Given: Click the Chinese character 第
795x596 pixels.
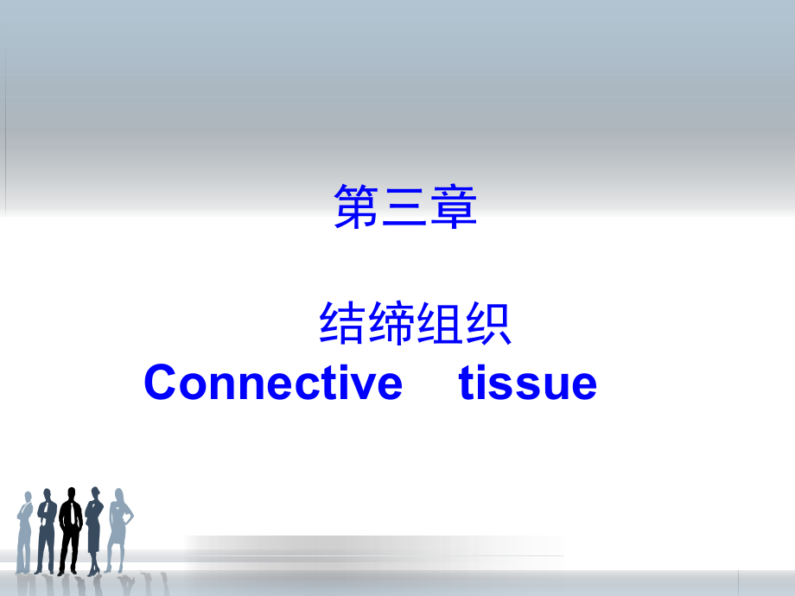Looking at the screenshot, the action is click(x=356, y=206).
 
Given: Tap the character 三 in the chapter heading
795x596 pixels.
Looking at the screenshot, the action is click(x=404, y=206).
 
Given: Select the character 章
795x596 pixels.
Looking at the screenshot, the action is click(x=454, y=206).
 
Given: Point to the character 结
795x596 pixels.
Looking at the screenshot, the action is click(x=342, y=323).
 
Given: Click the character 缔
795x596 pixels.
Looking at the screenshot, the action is click(x=391, y=323).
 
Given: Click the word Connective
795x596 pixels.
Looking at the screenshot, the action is click(x=273, y=382).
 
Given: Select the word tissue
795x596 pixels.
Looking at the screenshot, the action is click(x=528, y=383).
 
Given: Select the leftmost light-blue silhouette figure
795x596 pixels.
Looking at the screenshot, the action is click(x=24, y=532).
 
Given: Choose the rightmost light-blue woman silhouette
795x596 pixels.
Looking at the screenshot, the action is click(x=118, y=529).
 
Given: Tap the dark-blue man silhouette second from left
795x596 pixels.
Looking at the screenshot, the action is click(x=46, y=531).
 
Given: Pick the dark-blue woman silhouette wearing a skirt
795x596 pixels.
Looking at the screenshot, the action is click(x=94, y=530).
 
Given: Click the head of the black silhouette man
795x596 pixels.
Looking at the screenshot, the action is click(x=72, y=493).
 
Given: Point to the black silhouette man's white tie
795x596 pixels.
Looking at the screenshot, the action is click(x=72, y=512).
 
